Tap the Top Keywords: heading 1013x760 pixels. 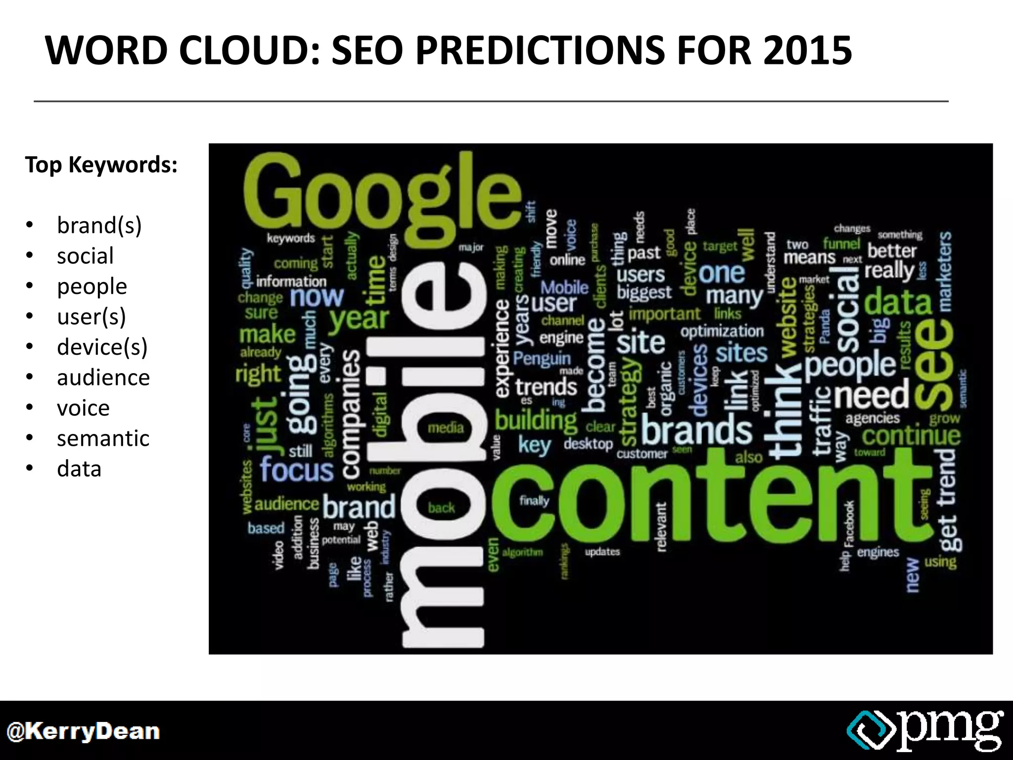(x=101, y=164)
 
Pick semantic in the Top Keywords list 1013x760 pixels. (x=103, y=438)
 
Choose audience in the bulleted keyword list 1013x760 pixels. (x=103, y=378)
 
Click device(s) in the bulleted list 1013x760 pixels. (x=102, y=347)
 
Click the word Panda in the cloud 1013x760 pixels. (x=824, y=327)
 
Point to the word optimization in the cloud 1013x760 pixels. (x=722, y=331)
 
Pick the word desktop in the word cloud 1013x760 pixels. (x=588, y=444)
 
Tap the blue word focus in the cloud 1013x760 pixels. (x=297, y=469)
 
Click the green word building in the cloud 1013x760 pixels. (x=536, y=421)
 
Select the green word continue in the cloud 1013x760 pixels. (x=911, y=436)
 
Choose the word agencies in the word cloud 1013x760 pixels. (x=873, y=419)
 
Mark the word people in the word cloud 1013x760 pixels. (x=850, y=366)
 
